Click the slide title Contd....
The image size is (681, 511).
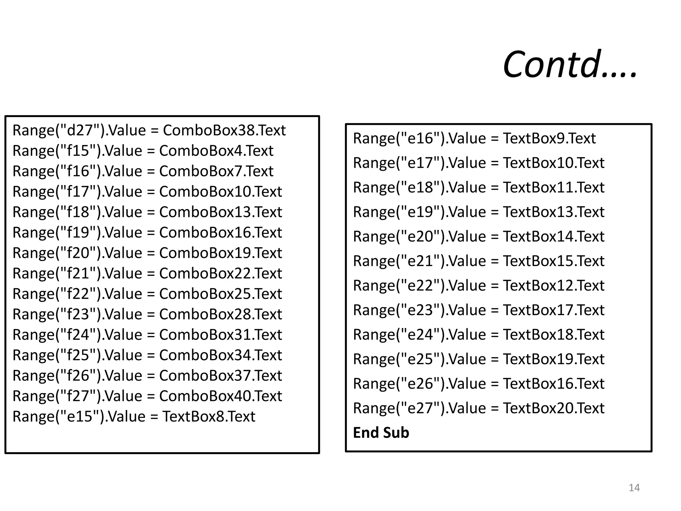point(569,64)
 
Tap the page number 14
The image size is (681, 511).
point(634,488)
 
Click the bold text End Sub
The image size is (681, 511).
point(381,433)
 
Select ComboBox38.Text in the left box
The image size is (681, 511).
point(224,130)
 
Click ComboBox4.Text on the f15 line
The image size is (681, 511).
point(216,151)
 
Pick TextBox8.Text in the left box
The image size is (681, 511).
point(208,417)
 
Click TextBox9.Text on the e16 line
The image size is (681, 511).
point(549,138)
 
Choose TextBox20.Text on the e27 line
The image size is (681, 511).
point(554,408)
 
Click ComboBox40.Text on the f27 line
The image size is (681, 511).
point(220,396)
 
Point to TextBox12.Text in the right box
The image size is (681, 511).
point(554,286)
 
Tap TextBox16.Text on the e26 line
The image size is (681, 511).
point(554,384)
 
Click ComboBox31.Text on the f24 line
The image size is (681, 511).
point(220,335)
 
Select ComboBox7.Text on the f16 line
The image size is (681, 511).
point(216,171)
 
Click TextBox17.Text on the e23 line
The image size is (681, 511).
point(554,310)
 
